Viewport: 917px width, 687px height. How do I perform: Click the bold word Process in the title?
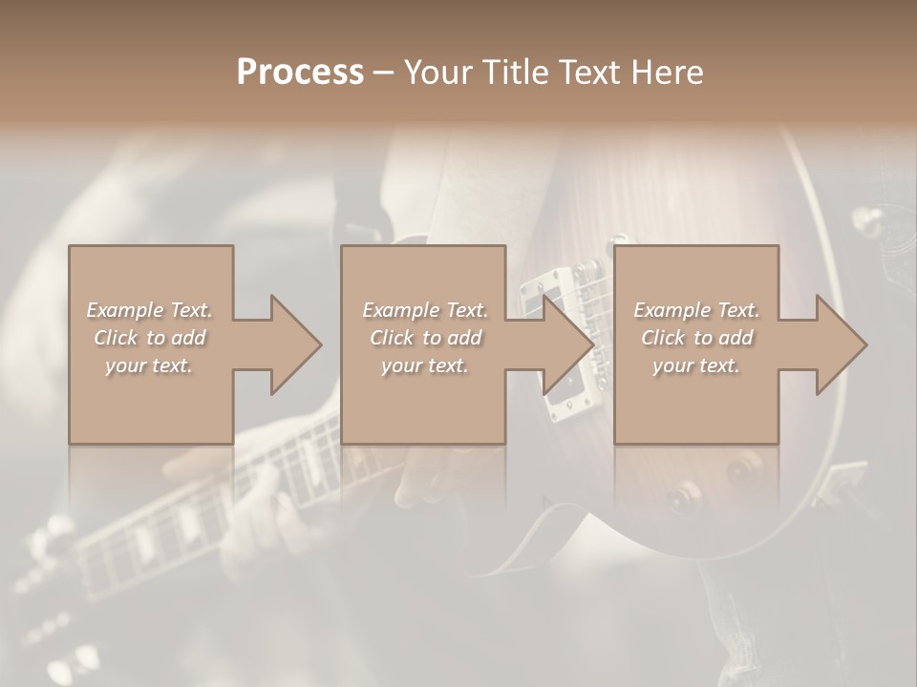[300, 72]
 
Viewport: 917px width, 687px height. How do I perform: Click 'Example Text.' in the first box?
[150, 310]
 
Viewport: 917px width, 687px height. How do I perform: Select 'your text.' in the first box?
[150, 365]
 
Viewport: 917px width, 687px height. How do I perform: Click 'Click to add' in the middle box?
[425, 338]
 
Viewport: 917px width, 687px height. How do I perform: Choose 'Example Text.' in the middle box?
[425, 310]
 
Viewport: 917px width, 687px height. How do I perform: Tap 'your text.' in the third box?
[696, 365]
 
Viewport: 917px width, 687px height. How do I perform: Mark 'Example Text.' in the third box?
[696, 310]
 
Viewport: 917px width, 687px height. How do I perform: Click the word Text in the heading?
[583, 72]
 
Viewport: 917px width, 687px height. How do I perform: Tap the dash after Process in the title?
[383, 73]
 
